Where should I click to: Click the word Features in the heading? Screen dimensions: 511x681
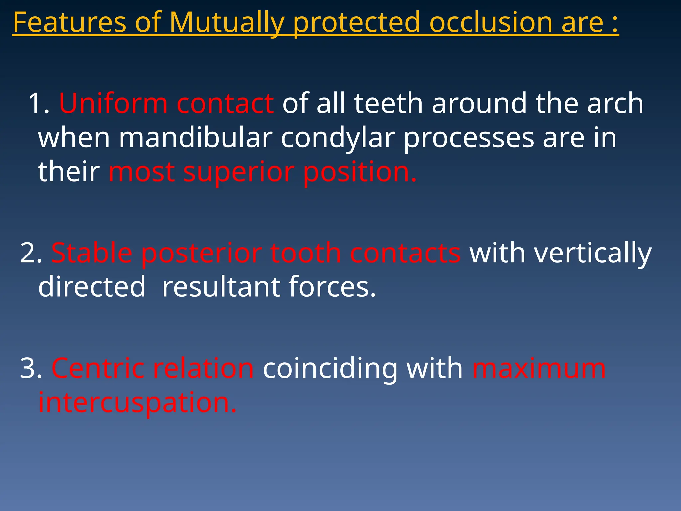69,23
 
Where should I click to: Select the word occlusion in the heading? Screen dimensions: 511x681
491,23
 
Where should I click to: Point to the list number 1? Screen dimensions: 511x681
37,104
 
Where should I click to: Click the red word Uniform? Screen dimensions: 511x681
113,104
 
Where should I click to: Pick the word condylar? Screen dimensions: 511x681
338,138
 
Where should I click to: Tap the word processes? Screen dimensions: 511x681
469,138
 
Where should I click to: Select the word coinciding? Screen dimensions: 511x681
330,369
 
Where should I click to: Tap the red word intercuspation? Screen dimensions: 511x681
137,403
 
